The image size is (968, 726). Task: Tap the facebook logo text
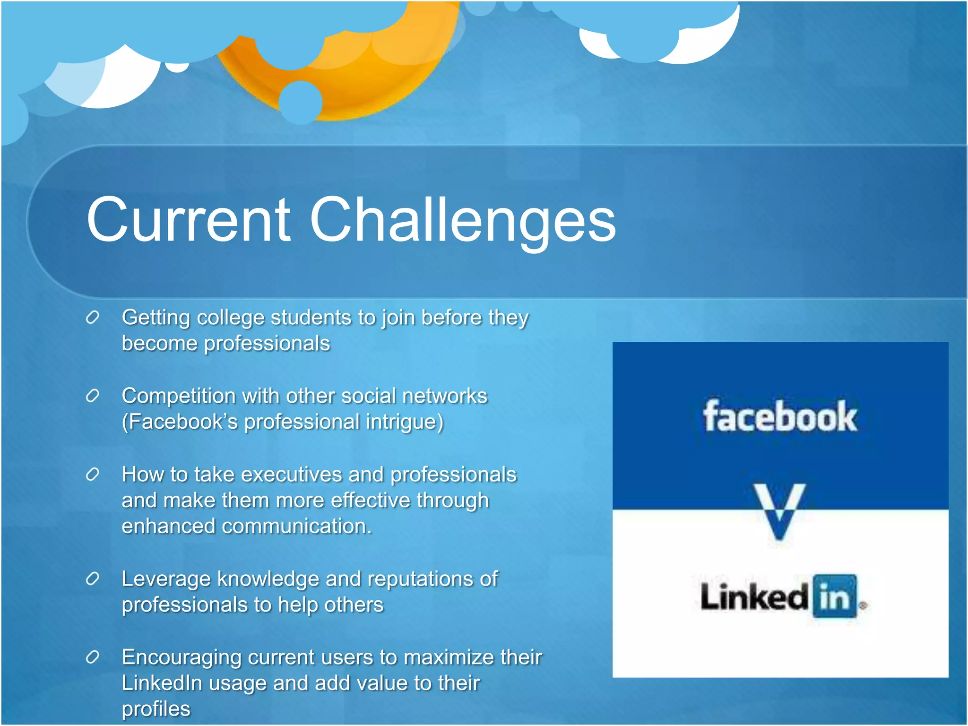point(780,417)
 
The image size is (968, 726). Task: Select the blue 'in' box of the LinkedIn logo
point(835,596)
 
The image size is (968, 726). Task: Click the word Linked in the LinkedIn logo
point(754,596)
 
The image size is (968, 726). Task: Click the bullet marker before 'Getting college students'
point(93,318)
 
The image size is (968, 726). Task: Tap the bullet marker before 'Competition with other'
point(93,396)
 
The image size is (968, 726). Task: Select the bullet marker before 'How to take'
point(93,475)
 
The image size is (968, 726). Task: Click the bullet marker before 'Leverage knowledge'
point(93,579)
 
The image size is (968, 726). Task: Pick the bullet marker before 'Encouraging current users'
point(93,657)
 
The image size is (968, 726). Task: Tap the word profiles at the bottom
point(156,709)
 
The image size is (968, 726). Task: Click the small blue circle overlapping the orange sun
point(301,102)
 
